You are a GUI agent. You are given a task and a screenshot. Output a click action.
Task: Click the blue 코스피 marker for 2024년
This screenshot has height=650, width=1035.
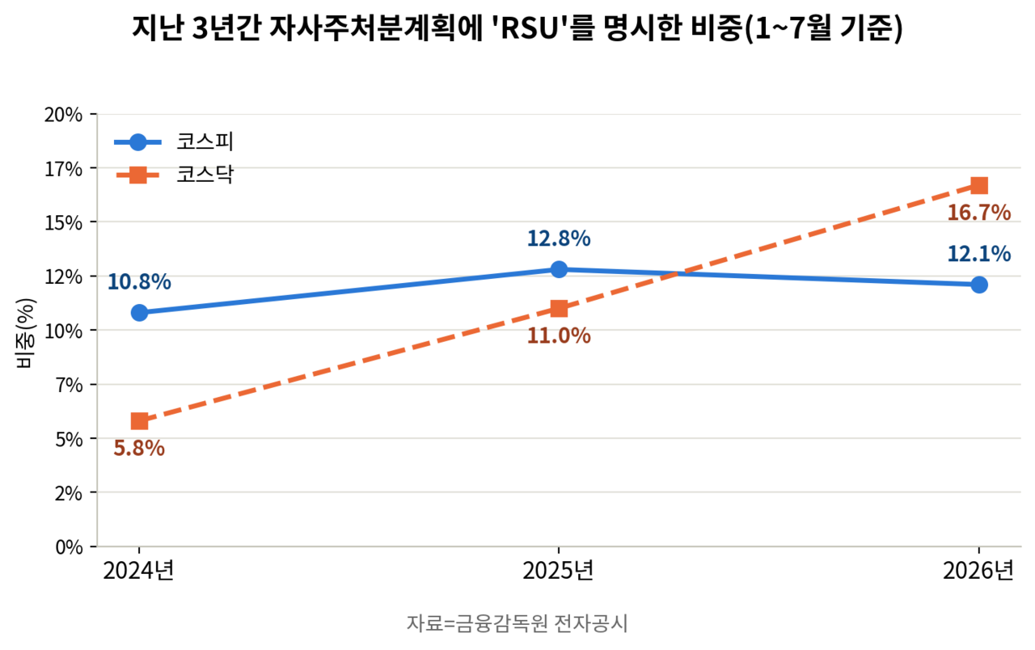(x=139, y=313)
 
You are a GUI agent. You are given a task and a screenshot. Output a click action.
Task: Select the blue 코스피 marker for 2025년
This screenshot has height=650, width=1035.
(x=559, y=269)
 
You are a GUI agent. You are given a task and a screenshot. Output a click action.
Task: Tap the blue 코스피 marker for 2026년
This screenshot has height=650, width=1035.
(x=979, y=285)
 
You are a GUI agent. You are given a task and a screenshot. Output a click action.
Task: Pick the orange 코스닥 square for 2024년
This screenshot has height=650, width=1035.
(x=139, y=421)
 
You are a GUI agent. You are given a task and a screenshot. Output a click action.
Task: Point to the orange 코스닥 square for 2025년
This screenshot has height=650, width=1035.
(x=559, y=308)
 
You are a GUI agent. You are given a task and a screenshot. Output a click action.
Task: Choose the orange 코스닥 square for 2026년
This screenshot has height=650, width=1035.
(x=979, y=185)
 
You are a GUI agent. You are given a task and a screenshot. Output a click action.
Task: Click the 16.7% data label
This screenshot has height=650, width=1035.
(x=979, y=213)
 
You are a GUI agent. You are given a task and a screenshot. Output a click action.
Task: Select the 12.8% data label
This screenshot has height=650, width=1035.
(x=559, y=238)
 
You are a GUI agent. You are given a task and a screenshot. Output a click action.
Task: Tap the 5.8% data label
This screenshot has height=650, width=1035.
(x=139, y=449)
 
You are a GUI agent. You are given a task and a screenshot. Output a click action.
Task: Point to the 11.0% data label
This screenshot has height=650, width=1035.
(x=559, y=336)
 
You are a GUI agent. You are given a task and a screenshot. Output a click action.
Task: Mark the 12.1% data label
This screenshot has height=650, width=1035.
(x=979, y=254)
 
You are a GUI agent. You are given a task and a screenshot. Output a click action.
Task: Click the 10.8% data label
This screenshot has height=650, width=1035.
(x=139, y=282)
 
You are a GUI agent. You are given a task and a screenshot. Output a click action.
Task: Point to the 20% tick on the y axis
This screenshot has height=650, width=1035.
(x=63, y=115)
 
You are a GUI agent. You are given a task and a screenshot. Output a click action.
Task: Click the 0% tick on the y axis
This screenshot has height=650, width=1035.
(x=69, y=547)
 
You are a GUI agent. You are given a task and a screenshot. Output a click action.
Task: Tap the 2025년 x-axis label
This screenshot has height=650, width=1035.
(x=558, y=571)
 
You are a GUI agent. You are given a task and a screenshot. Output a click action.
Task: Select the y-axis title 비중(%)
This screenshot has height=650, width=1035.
(x=24, y=333)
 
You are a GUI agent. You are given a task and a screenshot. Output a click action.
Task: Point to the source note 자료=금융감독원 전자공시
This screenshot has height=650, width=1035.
(x=517, y=623)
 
